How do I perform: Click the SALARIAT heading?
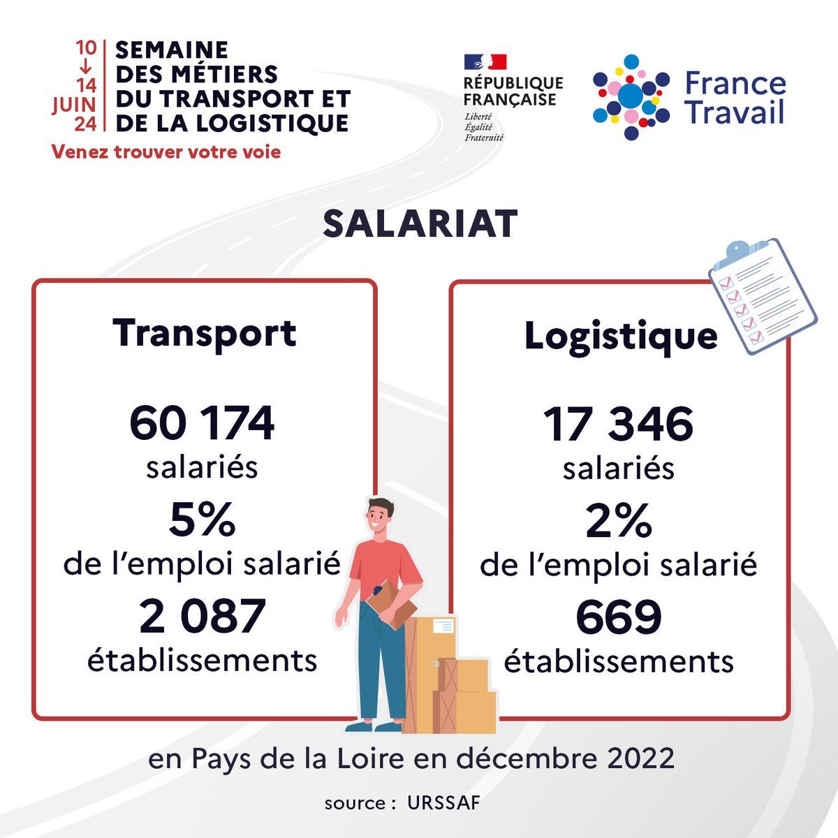pyautogui.click(x=420, y=224)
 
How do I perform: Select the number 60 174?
pyautogui.click(x=203, y=424)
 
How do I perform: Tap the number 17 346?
pyautogui.click(x=619, y=425)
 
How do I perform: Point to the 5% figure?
pyautogui.click(x=203, y=520)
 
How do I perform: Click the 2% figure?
pyautogui.click(x=619, y=522)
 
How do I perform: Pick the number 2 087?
pyautogui.click(x=203, y=617)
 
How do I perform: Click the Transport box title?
pyautogui.click(x=205, y=334)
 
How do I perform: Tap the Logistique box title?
pyautogui.click(x=621, y=337)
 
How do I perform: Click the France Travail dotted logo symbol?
pyautogui.click(x=631, y=96)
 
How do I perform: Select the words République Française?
pyautogui.click(x=513, y=91)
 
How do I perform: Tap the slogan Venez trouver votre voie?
pyautogui.click(x=166, y=152)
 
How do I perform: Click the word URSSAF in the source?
pyautogui.click(x=443, y=803)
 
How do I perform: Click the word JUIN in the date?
pyautogui.click(x=74, y=105)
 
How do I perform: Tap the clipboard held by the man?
pyautogui.click(x=392, y=603)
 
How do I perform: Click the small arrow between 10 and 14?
pyautogui.click(x=86, y=67)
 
